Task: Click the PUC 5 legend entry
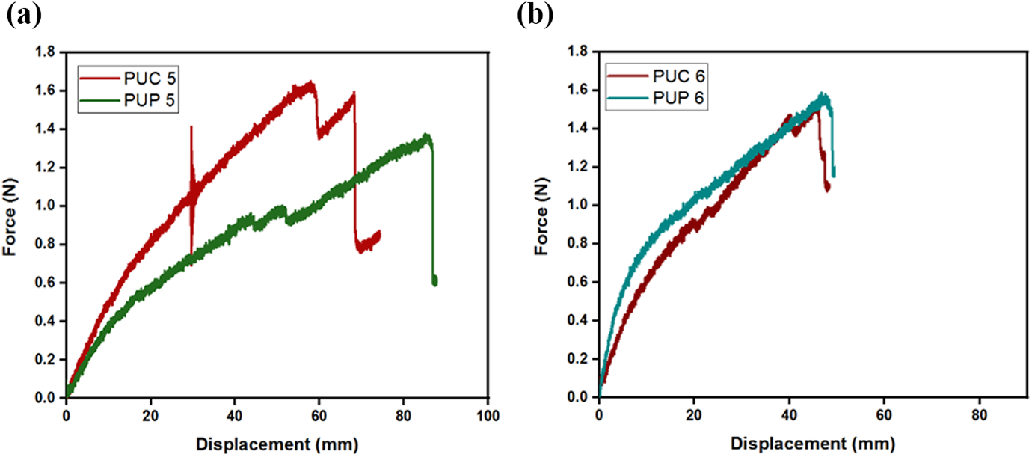coord(128,79)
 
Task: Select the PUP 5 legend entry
coord(128,100)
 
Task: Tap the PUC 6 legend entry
coord(656,76)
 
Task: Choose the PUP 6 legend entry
coord(656,98)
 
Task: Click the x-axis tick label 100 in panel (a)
coord(488,416)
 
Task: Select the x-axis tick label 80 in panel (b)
coord(979,416)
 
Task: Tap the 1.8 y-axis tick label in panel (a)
coord(45,52)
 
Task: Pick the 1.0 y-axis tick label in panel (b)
coord(577,205)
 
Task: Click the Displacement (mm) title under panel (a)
coord(277,444)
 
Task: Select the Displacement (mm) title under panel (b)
coord(813,444)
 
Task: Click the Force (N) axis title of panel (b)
coord(541,216)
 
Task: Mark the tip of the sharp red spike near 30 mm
coord(191,126)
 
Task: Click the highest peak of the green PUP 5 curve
coord(426,135)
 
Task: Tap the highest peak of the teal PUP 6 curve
coord(821,93)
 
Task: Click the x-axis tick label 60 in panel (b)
coord(884,416)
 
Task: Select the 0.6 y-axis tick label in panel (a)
coord(45,283)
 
